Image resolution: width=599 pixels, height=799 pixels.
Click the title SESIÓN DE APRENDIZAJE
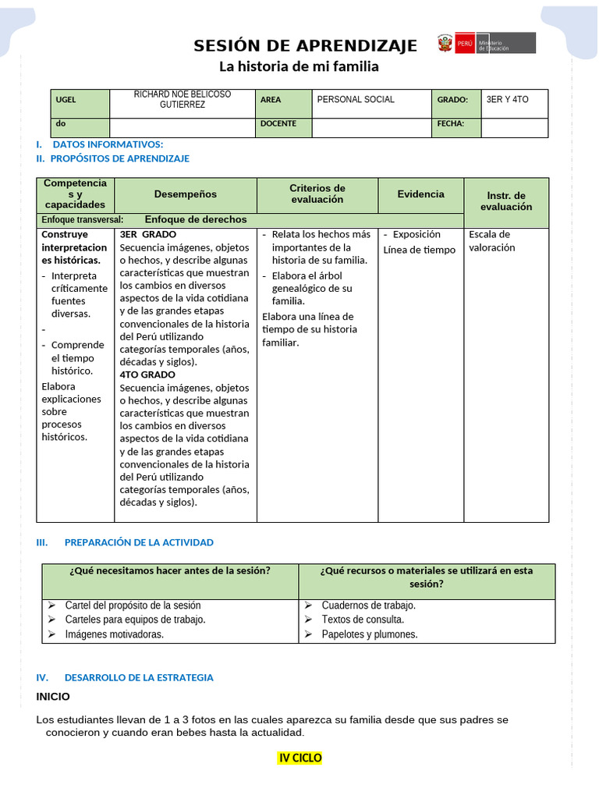[305, 45]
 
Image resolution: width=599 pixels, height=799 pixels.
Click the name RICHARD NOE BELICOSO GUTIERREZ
[183, 99]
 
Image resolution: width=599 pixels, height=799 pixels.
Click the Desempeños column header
[186, 194]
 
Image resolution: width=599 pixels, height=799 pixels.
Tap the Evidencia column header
[421, 194]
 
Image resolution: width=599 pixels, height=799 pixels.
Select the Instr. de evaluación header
[506, 201]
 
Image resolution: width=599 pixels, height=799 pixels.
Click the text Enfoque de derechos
[196, 220]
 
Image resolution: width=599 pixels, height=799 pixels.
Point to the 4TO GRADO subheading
[147, 375]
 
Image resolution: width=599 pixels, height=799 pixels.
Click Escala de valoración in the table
[491, 240]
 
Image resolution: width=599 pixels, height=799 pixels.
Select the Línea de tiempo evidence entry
[420, 250]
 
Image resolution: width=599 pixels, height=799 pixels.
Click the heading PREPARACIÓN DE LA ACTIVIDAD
[139, 542]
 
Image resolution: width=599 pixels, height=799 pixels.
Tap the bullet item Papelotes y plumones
[370, 634]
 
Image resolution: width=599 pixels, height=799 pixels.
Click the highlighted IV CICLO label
[300, 758]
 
